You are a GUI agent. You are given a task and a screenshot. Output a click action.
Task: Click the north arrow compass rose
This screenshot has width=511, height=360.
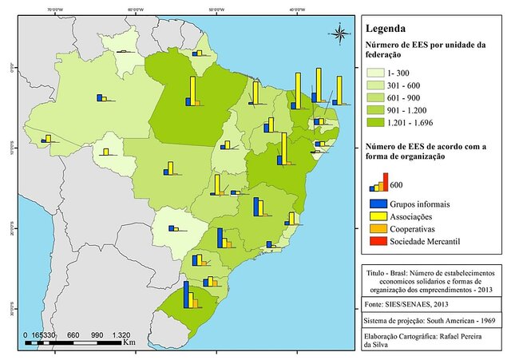(341, 33)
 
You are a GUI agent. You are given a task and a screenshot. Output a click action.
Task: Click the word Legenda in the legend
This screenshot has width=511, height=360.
(387, 30)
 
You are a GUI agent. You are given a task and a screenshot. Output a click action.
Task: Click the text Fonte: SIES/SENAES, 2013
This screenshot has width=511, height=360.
(406, 304)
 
